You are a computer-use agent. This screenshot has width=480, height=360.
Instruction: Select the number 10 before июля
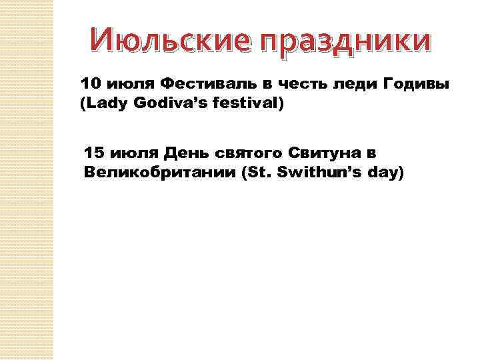coord(90,85)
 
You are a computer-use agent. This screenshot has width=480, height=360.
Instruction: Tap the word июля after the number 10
coord(126,85)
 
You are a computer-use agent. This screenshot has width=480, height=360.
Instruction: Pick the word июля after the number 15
coord(131,153)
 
